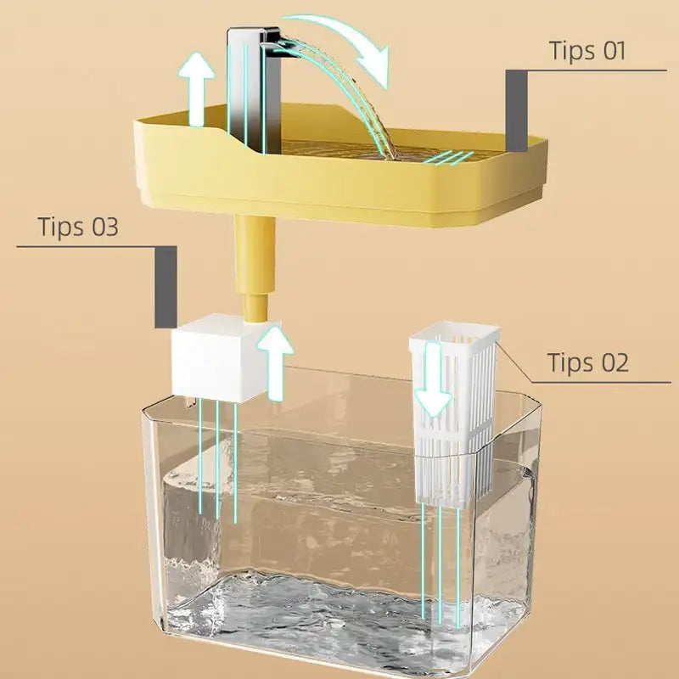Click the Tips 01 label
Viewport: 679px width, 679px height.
tap(587, 50)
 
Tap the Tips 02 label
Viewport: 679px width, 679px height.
tap(587, 362)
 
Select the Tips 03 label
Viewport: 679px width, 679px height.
tap(78, 227)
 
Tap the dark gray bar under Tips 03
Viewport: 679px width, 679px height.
tap(166, 287)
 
